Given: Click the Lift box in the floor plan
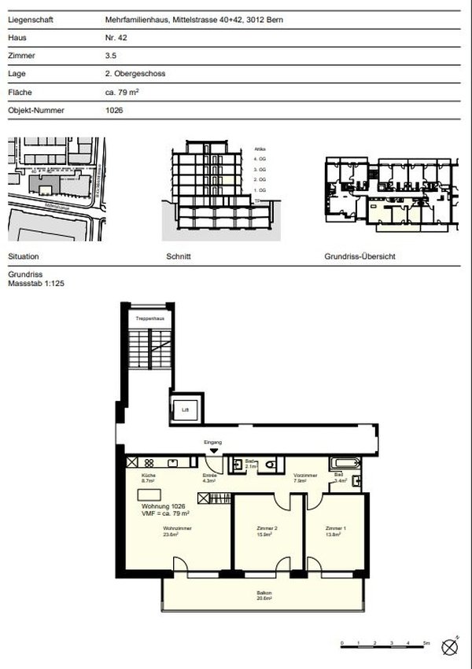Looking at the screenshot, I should (x=186, y=409).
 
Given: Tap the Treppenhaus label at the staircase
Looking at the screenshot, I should (x=147, y=318).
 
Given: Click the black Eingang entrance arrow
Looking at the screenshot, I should (x=214, y=450).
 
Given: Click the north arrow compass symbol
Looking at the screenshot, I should (x=450, y=646).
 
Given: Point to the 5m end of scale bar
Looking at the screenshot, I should (x=426, y=643).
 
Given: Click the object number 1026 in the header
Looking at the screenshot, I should (x=114, y=110).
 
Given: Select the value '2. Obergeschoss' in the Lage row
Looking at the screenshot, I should (x=135, y=74).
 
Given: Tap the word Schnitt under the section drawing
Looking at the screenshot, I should (x=179, y=257).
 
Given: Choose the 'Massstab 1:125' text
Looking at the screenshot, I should (x=35, y=283).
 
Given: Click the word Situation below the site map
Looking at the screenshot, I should (x=23, y=257).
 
